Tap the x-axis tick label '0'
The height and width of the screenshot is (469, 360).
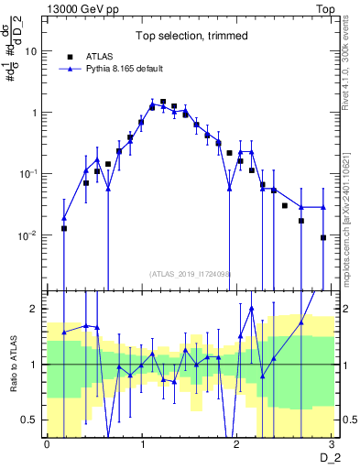[48, 444]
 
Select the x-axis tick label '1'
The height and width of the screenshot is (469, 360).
[143, 444]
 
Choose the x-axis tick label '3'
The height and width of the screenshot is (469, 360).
[333, 444]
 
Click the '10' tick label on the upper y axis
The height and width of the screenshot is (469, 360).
[30, 51]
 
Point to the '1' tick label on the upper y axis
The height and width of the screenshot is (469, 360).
[35, 113]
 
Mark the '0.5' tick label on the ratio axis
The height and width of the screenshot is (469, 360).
[28, 420]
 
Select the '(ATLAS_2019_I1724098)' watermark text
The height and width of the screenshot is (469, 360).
[191, 273]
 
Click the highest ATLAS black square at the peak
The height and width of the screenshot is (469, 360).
[163, 102]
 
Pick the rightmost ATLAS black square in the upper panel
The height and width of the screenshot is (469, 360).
[323, 237]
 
